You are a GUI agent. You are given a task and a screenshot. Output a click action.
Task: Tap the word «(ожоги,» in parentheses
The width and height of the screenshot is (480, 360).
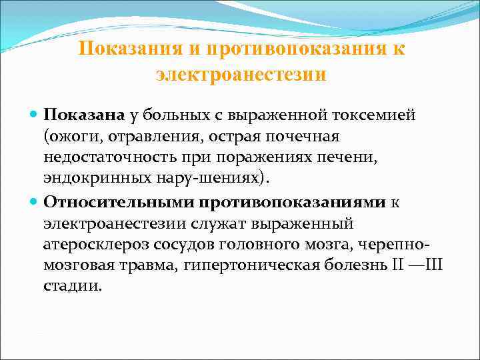69,137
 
